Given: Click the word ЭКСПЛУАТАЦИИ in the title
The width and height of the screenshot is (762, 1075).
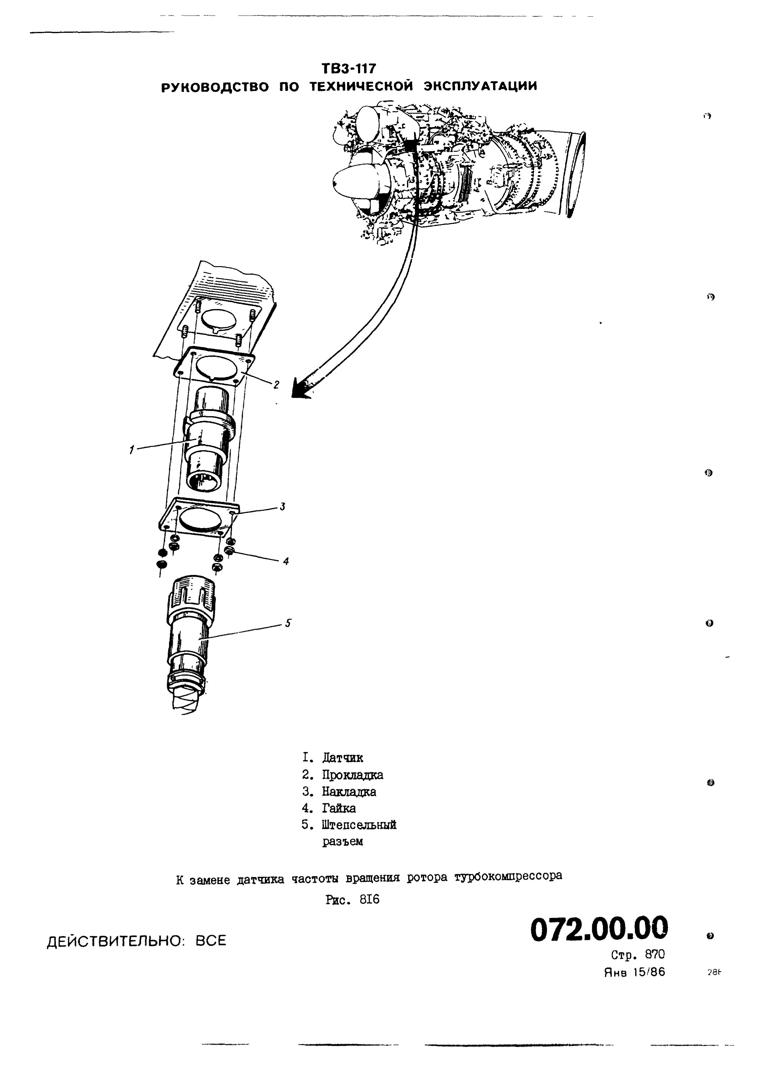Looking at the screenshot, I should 480,87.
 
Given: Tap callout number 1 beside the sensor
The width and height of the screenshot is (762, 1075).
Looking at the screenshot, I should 132,450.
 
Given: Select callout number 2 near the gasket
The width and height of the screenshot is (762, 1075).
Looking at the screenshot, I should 277,385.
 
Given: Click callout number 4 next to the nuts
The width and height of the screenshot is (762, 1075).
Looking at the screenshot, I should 286,560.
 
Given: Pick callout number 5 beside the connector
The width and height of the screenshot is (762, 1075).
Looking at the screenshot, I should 288,623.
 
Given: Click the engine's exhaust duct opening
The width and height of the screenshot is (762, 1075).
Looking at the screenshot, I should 577,174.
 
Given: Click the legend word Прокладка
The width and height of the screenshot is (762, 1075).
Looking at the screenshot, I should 352,775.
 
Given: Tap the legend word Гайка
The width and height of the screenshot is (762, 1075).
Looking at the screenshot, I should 339,808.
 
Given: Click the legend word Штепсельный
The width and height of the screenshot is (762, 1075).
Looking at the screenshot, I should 359,825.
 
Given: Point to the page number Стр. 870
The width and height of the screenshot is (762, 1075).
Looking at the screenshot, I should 638,955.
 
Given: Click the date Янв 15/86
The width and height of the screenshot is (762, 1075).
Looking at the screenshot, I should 634,972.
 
